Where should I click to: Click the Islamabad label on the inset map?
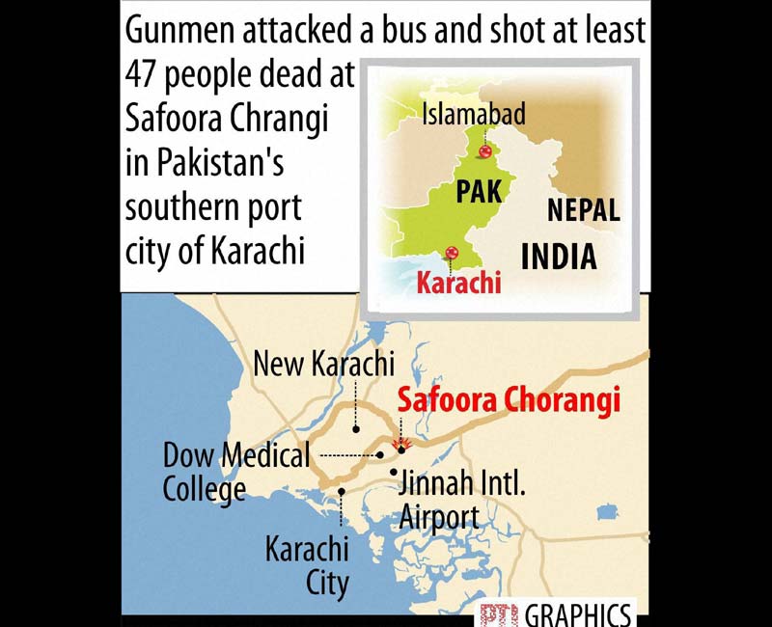[474, 116]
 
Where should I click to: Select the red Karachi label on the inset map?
[458, 284]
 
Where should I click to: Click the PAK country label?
[479, 191]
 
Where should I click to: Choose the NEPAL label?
[583, 210]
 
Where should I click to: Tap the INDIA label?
[559, 257]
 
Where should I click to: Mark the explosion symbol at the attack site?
[405, 446]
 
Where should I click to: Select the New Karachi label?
[323, 365]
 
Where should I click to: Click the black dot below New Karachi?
[356, 428]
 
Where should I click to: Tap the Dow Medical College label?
[236, 472]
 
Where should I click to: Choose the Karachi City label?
[307, 565]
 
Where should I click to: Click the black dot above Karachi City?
[342, 492]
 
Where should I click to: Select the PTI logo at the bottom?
[499, 614]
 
